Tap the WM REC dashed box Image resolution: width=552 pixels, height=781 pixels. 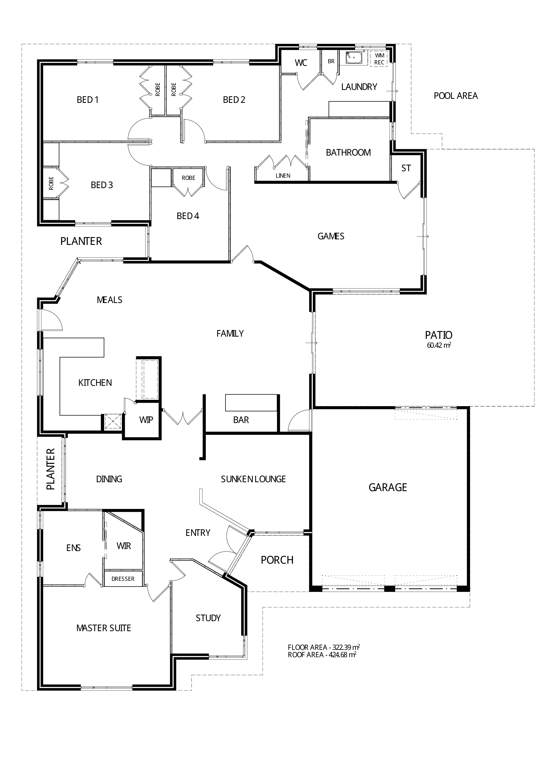coord(379,59)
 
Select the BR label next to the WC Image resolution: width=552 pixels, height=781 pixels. coord(331,61)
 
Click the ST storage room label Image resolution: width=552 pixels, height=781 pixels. coord(406,168)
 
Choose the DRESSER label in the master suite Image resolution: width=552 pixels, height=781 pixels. coord(123,579)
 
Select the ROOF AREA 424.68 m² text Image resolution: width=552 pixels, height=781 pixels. coord(322,655)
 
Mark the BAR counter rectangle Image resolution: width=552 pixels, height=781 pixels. coord(251,403)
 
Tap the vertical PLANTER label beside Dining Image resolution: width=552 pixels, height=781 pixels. coord(50,469)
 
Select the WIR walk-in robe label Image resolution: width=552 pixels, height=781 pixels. coord(124,546)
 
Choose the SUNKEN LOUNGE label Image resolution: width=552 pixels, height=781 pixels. coord(253,479)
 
